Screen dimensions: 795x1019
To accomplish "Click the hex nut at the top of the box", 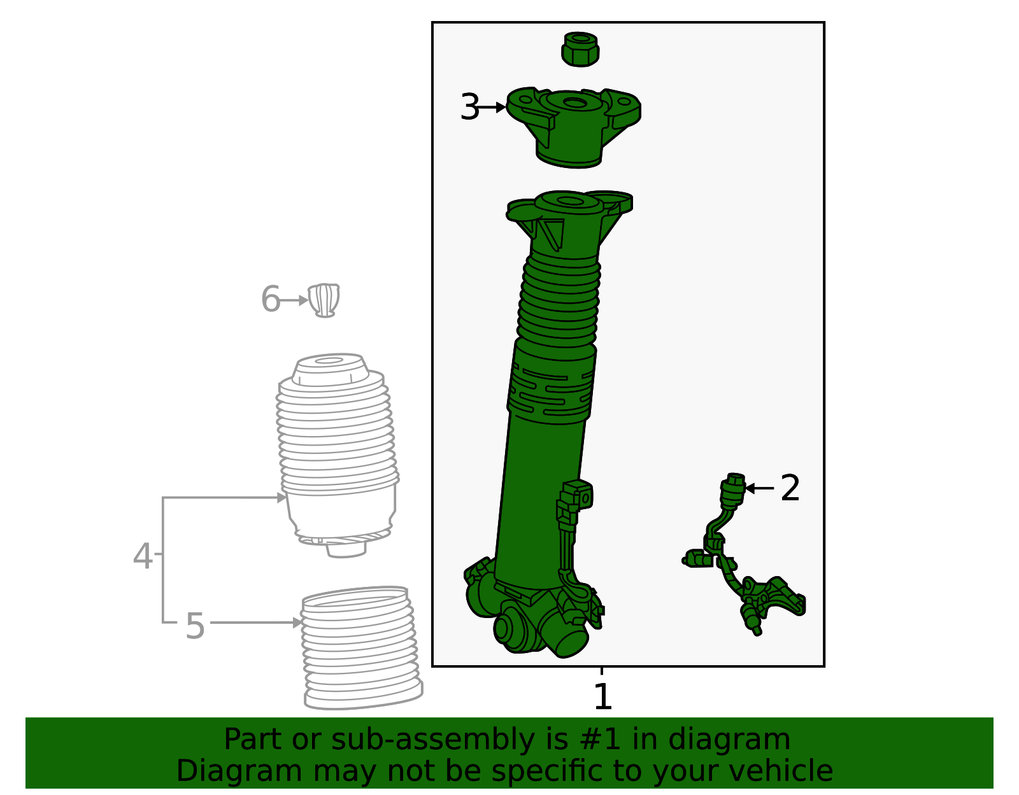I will (580, 49).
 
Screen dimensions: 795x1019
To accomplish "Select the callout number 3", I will (469, 107).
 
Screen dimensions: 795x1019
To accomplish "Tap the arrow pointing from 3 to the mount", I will (492, 108).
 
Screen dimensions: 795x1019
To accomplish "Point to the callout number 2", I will (790, 488).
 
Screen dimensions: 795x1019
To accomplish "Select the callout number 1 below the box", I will (602, 696).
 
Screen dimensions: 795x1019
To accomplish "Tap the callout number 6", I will (270, 299).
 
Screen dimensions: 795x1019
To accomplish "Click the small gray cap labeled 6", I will (324, 300).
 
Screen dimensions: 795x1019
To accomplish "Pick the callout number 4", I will (142, 556).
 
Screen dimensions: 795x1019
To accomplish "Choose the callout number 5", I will (195, 625).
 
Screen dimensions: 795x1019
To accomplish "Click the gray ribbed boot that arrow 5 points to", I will (360, 649).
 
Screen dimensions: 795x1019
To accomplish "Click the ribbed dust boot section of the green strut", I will (559, 299).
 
